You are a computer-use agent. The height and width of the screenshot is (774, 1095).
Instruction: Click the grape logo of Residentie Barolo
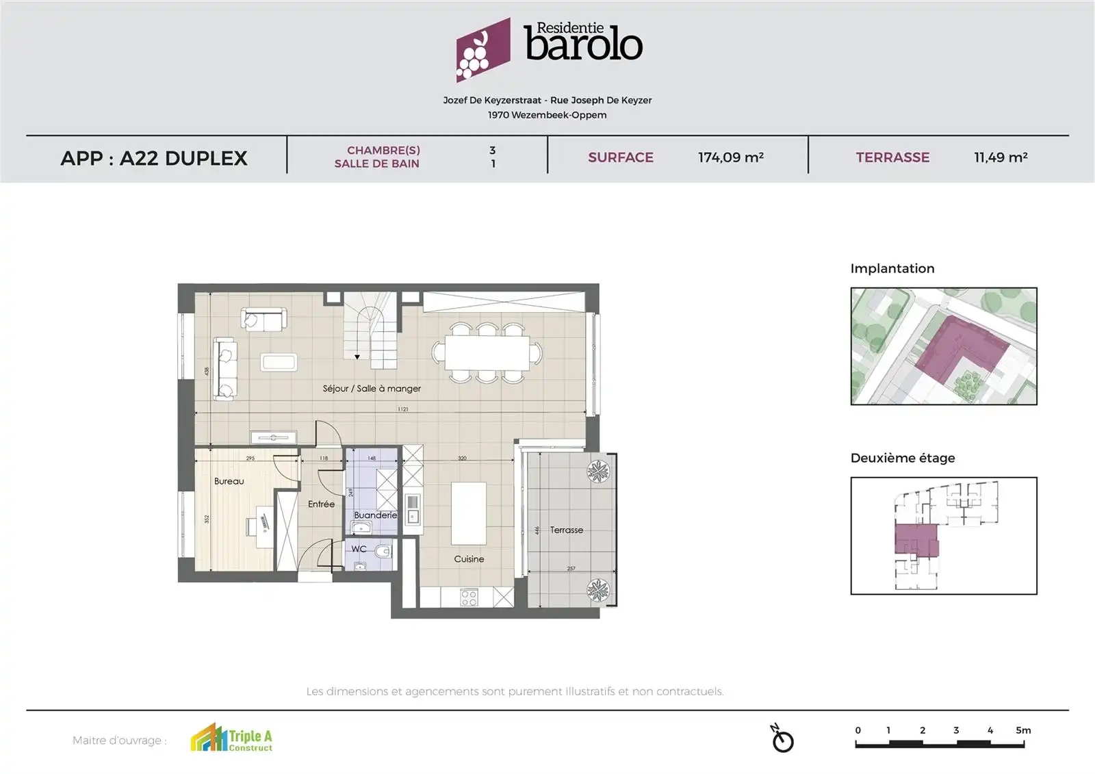point(482,49)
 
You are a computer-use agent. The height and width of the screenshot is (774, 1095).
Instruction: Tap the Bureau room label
point(229,481)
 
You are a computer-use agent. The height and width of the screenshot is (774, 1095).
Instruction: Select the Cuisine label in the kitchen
point(469,559)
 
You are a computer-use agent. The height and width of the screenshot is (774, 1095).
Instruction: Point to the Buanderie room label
point(375,515)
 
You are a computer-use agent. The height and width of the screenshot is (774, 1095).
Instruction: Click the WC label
point(359,549)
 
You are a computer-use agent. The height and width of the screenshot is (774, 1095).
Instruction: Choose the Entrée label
point(321,504)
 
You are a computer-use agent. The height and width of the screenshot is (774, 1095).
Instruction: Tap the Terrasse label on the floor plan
point(567,530)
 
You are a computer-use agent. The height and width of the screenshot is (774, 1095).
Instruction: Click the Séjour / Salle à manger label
point(372,389)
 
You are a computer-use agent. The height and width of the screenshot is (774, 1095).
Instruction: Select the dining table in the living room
point(487,353)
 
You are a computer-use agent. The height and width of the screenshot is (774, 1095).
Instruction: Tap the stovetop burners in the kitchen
point(469,598)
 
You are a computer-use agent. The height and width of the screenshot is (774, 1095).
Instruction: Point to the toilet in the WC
point(383,551)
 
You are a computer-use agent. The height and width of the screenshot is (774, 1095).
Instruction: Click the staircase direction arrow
point(357,357)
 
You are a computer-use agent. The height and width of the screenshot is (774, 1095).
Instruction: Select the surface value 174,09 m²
point(730,157)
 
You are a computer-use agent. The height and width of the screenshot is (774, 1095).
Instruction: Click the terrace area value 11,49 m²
point(1001,157)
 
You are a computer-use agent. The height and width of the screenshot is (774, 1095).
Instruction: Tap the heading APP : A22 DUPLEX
point(154,158)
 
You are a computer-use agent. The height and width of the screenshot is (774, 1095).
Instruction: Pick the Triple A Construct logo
point(231,738)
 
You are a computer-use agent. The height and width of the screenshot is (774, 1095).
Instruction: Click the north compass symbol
point(782,739)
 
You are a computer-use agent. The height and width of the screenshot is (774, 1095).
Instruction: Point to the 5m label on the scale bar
point(1023,730)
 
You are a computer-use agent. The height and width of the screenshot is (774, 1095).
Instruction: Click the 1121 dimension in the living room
point(402,409)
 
